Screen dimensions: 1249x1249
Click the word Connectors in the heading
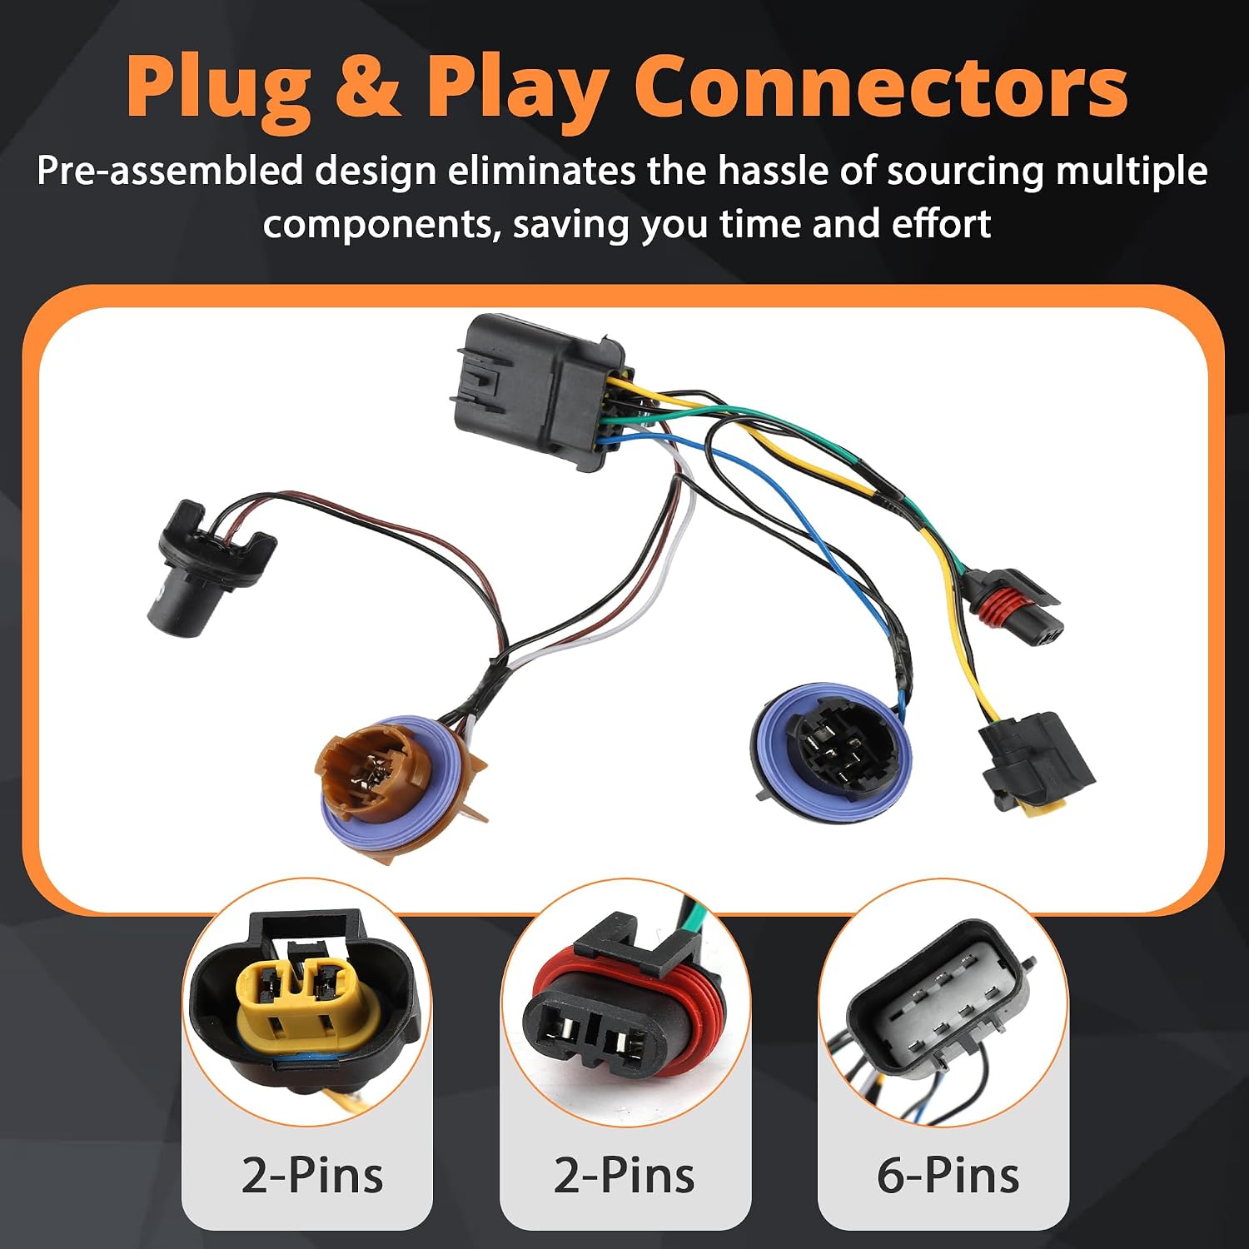[885, 87]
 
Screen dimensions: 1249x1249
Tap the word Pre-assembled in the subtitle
[170, 171]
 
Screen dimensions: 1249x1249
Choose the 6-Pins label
[948, 1175]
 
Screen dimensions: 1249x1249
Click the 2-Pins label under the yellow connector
[312, 1175]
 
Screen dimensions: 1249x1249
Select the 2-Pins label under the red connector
[624, 1175]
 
